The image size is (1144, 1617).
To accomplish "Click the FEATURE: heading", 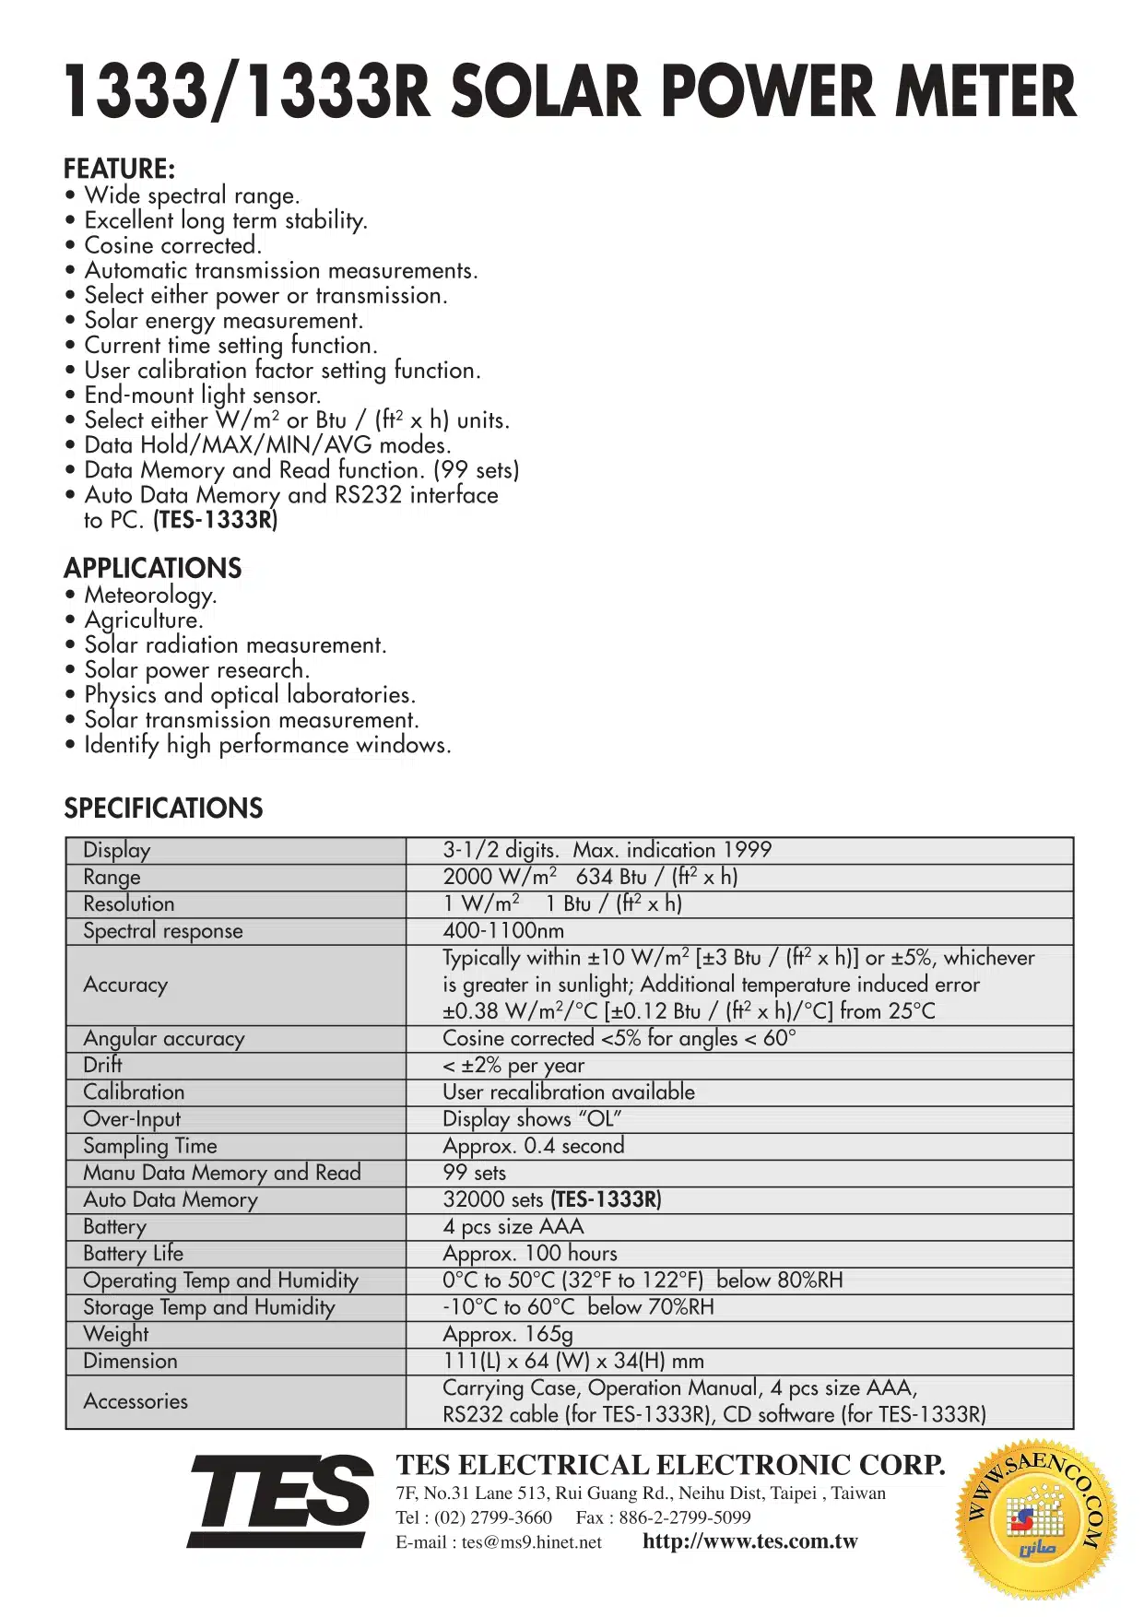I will point(119,169).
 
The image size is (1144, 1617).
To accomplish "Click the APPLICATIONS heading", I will point(152,568).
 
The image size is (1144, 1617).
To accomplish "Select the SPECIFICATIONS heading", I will point(163,808).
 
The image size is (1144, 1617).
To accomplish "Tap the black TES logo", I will point(282,1501).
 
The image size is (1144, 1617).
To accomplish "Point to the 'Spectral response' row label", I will point(162,931).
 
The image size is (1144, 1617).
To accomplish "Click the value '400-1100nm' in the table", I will point(503,931).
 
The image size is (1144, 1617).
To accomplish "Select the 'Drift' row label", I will point(102,1065).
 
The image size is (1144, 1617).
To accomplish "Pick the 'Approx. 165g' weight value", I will point(508,1334).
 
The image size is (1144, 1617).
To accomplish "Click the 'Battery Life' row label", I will point(133,1254).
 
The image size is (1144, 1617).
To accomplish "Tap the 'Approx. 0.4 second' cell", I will point(533,1146).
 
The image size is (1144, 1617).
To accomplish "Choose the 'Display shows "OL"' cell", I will point(532,1119).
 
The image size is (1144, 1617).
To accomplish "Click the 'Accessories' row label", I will point(136,1401).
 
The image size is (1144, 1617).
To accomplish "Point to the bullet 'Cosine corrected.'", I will point(172,245).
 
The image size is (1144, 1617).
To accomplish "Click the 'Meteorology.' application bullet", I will point(150,596).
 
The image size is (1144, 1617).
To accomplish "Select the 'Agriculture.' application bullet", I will point(143,620).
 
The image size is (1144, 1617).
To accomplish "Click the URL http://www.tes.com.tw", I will point(749,1541).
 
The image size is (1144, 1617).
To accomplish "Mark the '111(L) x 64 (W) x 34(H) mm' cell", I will point(573,1361).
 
